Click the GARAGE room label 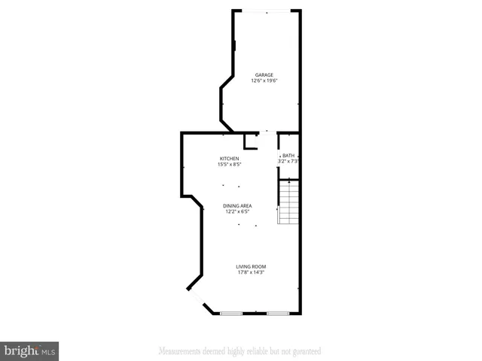click(264, 75)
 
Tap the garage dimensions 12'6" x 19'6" click(264, 81)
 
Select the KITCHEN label click(230, 158)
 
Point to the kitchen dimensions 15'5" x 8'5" click(230, 164)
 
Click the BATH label click(288, 155)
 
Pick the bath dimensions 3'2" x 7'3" click(289, 161)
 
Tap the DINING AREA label click(237, 205)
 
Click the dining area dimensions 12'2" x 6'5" click(237, 211)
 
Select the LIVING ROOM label click(251, 267)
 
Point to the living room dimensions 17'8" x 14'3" click(251, 273)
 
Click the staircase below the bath click(289, 202)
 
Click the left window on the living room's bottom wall click(230, 313)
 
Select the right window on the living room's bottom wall click(277, 313)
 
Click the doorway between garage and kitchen click(268, 133)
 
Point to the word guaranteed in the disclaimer click(305, 350)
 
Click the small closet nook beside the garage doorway click(252, 141)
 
